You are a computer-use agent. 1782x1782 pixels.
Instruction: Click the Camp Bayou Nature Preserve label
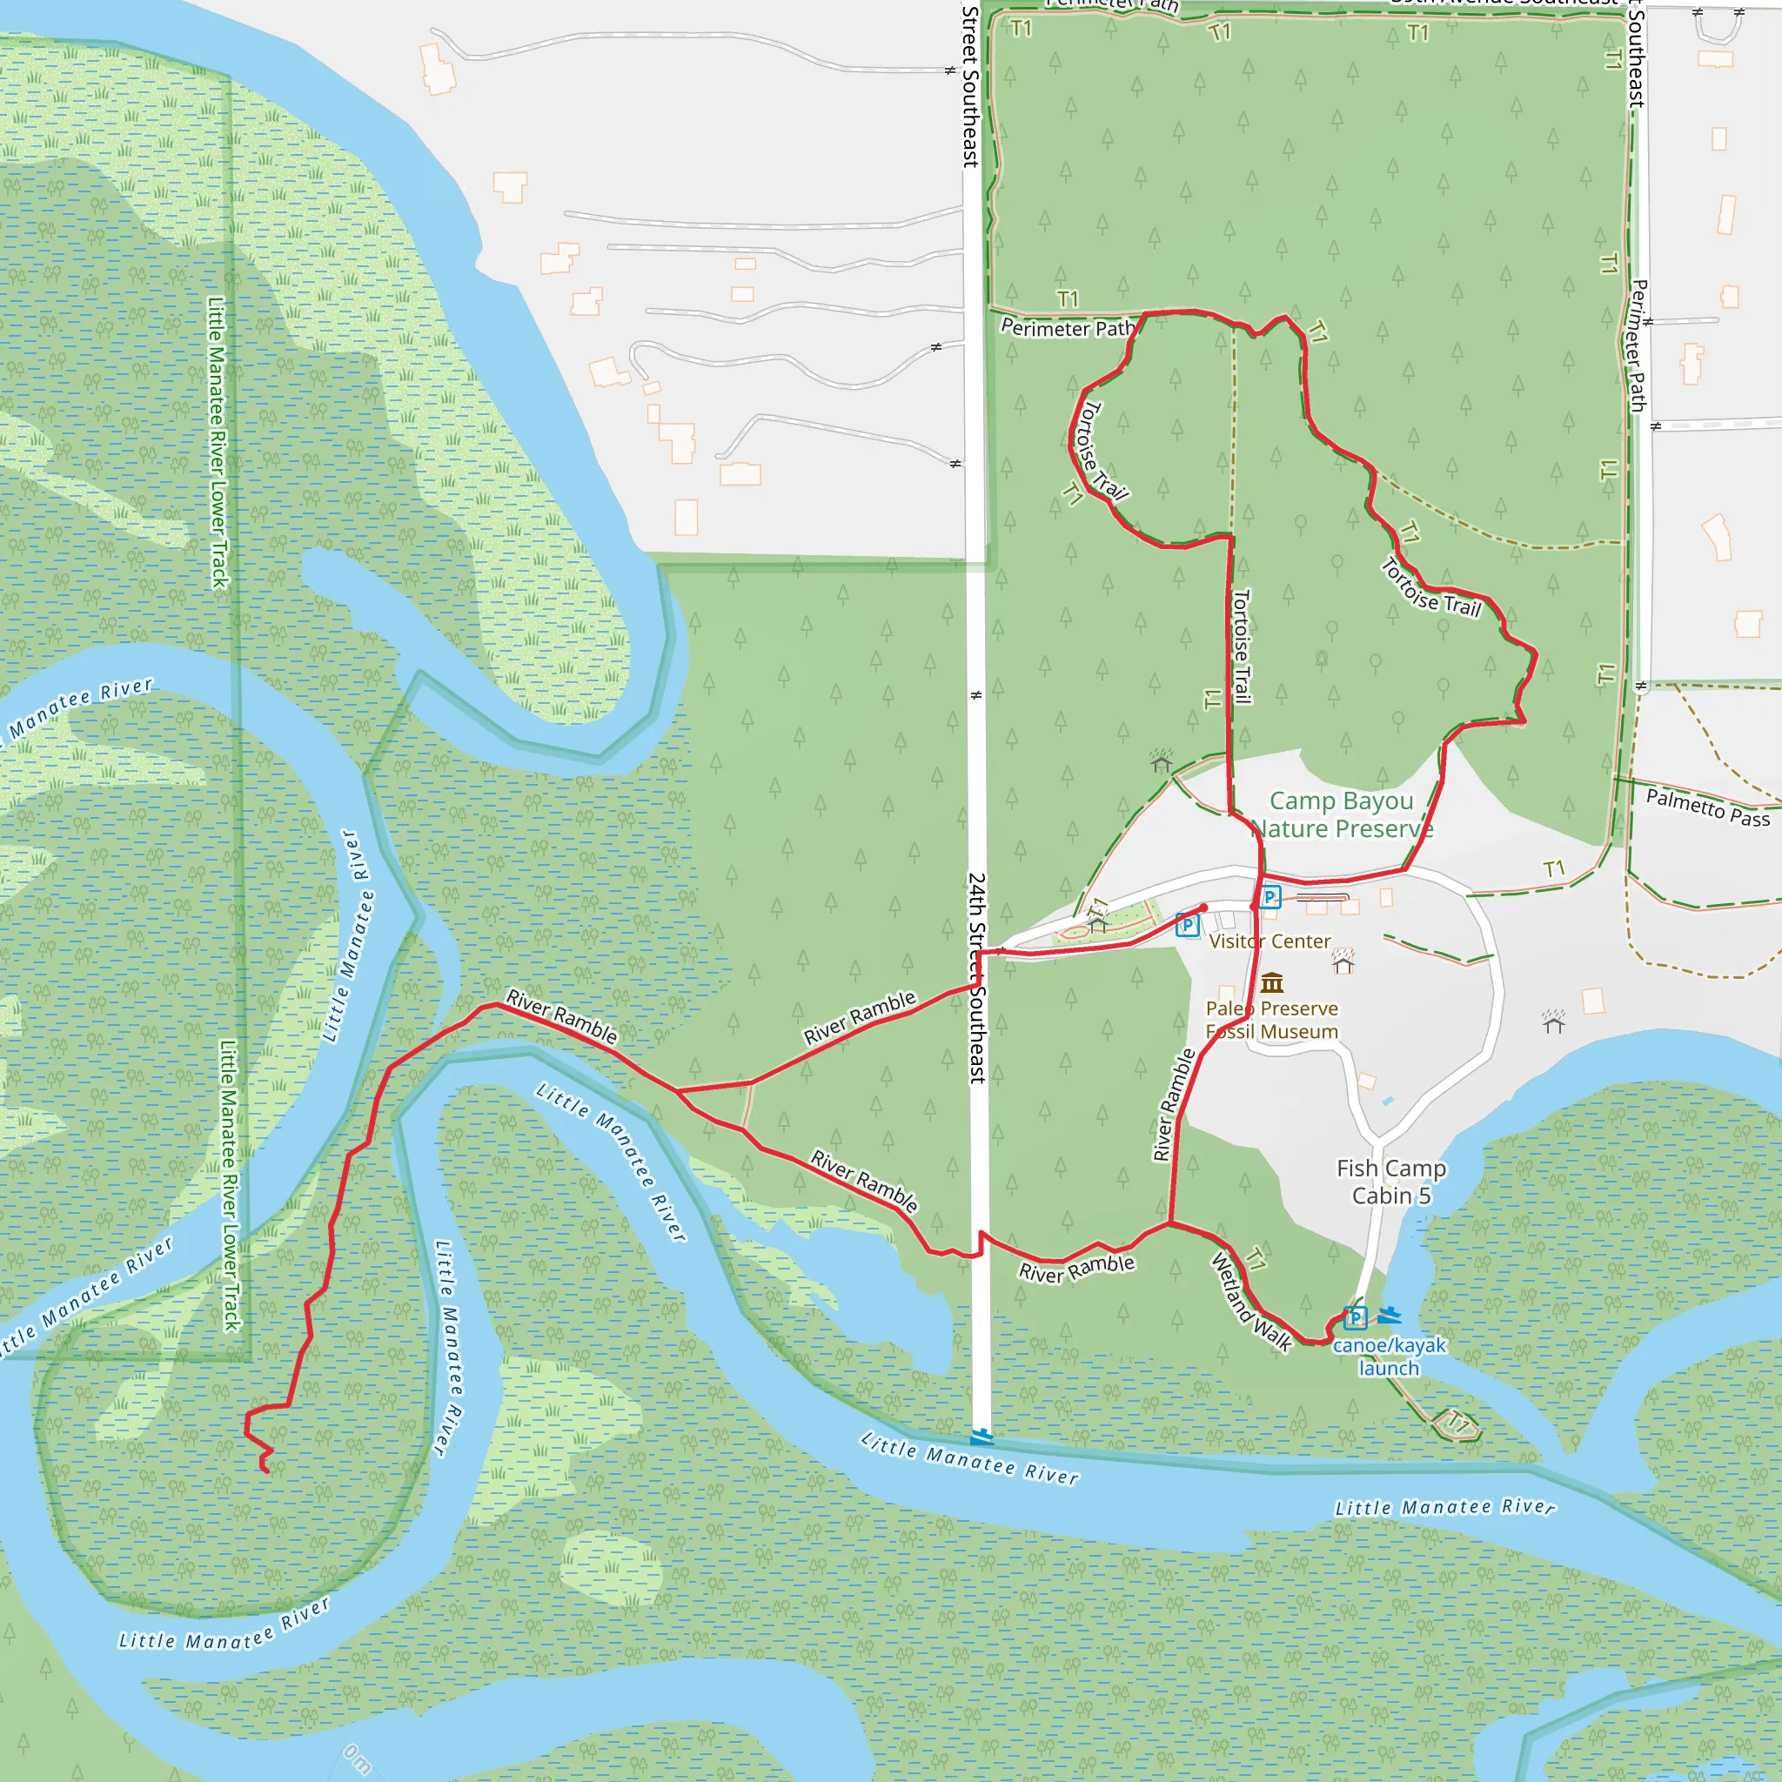coord(1341,814)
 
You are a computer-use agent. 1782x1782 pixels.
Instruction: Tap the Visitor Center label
coord(1270,941)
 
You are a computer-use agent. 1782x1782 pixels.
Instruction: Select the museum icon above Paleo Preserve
coord(1272,981)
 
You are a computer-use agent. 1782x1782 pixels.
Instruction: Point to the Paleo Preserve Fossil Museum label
coord(1271,1020)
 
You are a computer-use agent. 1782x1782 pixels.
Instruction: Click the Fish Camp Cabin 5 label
coord(1391,1182)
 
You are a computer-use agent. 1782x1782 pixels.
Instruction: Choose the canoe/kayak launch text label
coord(1389,1356)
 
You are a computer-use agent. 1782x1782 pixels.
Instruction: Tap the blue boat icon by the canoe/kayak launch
coord(1389,1316)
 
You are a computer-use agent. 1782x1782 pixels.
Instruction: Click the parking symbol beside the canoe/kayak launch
coord(1354,1317)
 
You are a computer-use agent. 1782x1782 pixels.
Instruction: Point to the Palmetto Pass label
coord(1707,807)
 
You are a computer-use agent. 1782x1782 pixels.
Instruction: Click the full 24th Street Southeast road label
coord(977,978)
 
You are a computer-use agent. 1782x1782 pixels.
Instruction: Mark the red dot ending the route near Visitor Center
coord(1203,908)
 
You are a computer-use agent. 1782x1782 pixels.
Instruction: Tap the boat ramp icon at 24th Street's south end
coord(981,1436)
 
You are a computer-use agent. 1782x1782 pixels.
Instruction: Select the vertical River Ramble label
coord(1173,1104)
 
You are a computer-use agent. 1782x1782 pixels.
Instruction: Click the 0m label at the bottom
coord(358,1759)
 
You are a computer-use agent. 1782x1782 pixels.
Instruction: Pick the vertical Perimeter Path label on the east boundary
coord(1638,346)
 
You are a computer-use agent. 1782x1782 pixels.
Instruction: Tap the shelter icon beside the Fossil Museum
coord(1343,963)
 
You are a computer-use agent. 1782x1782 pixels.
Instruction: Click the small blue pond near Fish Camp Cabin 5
coord(1388,1102)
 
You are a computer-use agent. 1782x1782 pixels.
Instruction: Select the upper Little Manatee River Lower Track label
coord(218,443)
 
